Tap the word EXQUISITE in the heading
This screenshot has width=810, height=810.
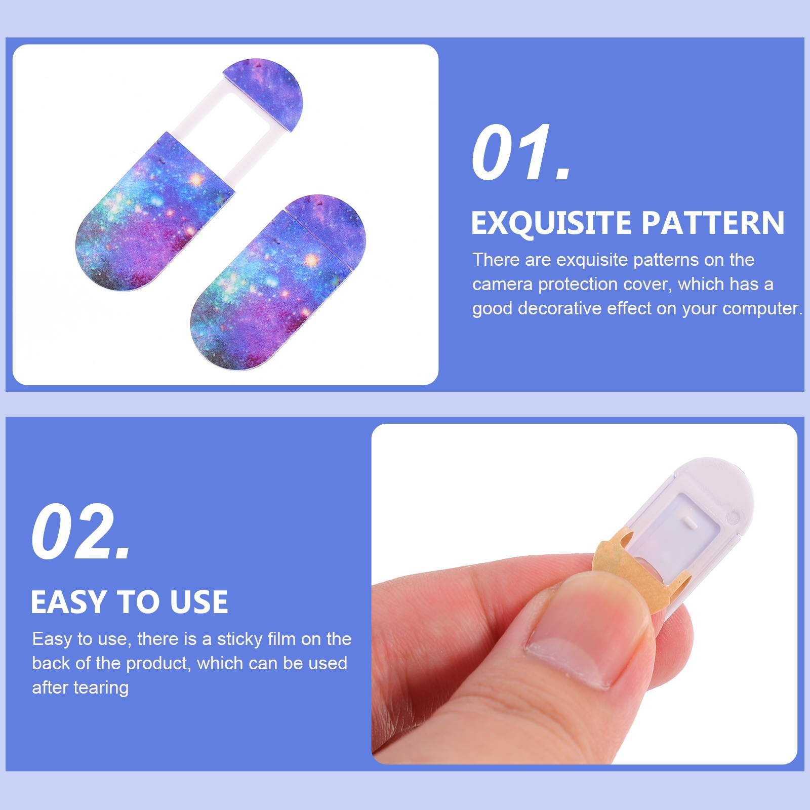tap(550, 223)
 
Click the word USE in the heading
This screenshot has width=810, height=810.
tap(198, 602)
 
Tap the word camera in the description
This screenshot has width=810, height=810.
tap(502, 285)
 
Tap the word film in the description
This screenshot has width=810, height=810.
tap(281, 639)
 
